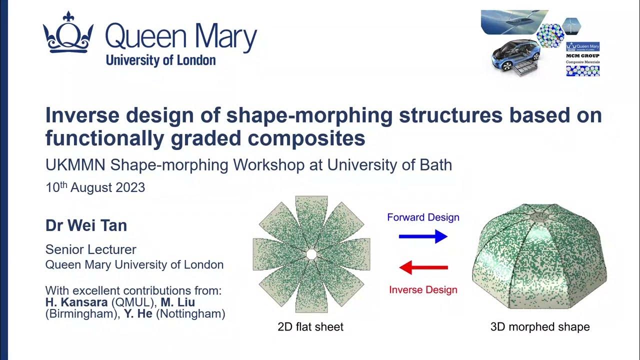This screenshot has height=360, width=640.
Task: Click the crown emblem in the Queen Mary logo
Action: pyautogui.click(x=68, y=34)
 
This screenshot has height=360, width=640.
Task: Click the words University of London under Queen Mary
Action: pyautogui.click(x=160, y=60)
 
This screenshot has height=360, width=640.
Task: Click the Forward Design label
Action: pyautogui.click(x=423, y=217)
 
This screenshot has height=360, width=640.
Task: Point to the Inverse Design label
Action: pyautogui.click(x=423, y=289)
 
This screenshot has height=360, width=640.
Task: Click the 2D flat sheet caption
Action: pyautogui.click(x=310, y=327)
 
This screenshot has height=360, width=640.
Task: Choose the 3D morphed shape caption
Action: pyautogui.click(x=540, y=327)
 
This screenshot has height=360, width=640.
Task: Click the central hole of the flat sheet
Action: pyautogui.click(x=311, y=254)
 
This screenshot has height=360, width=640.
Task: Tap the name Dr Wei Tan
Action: pyautogui.click(x=86, y=225)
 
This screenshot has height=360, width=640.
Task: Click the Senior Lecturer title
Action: pyautogui.click(x=90, y=249)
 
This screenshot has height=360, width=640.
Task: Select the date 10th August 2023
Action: pyautogui.click(x=95, y=188)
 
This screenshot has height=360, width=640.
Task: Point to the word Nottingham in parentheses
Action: pyautogui.click(x=197, y=314)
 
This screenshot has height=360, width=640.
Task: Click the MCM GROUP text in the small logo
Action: pyautogui.click(x=582, y=56)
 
